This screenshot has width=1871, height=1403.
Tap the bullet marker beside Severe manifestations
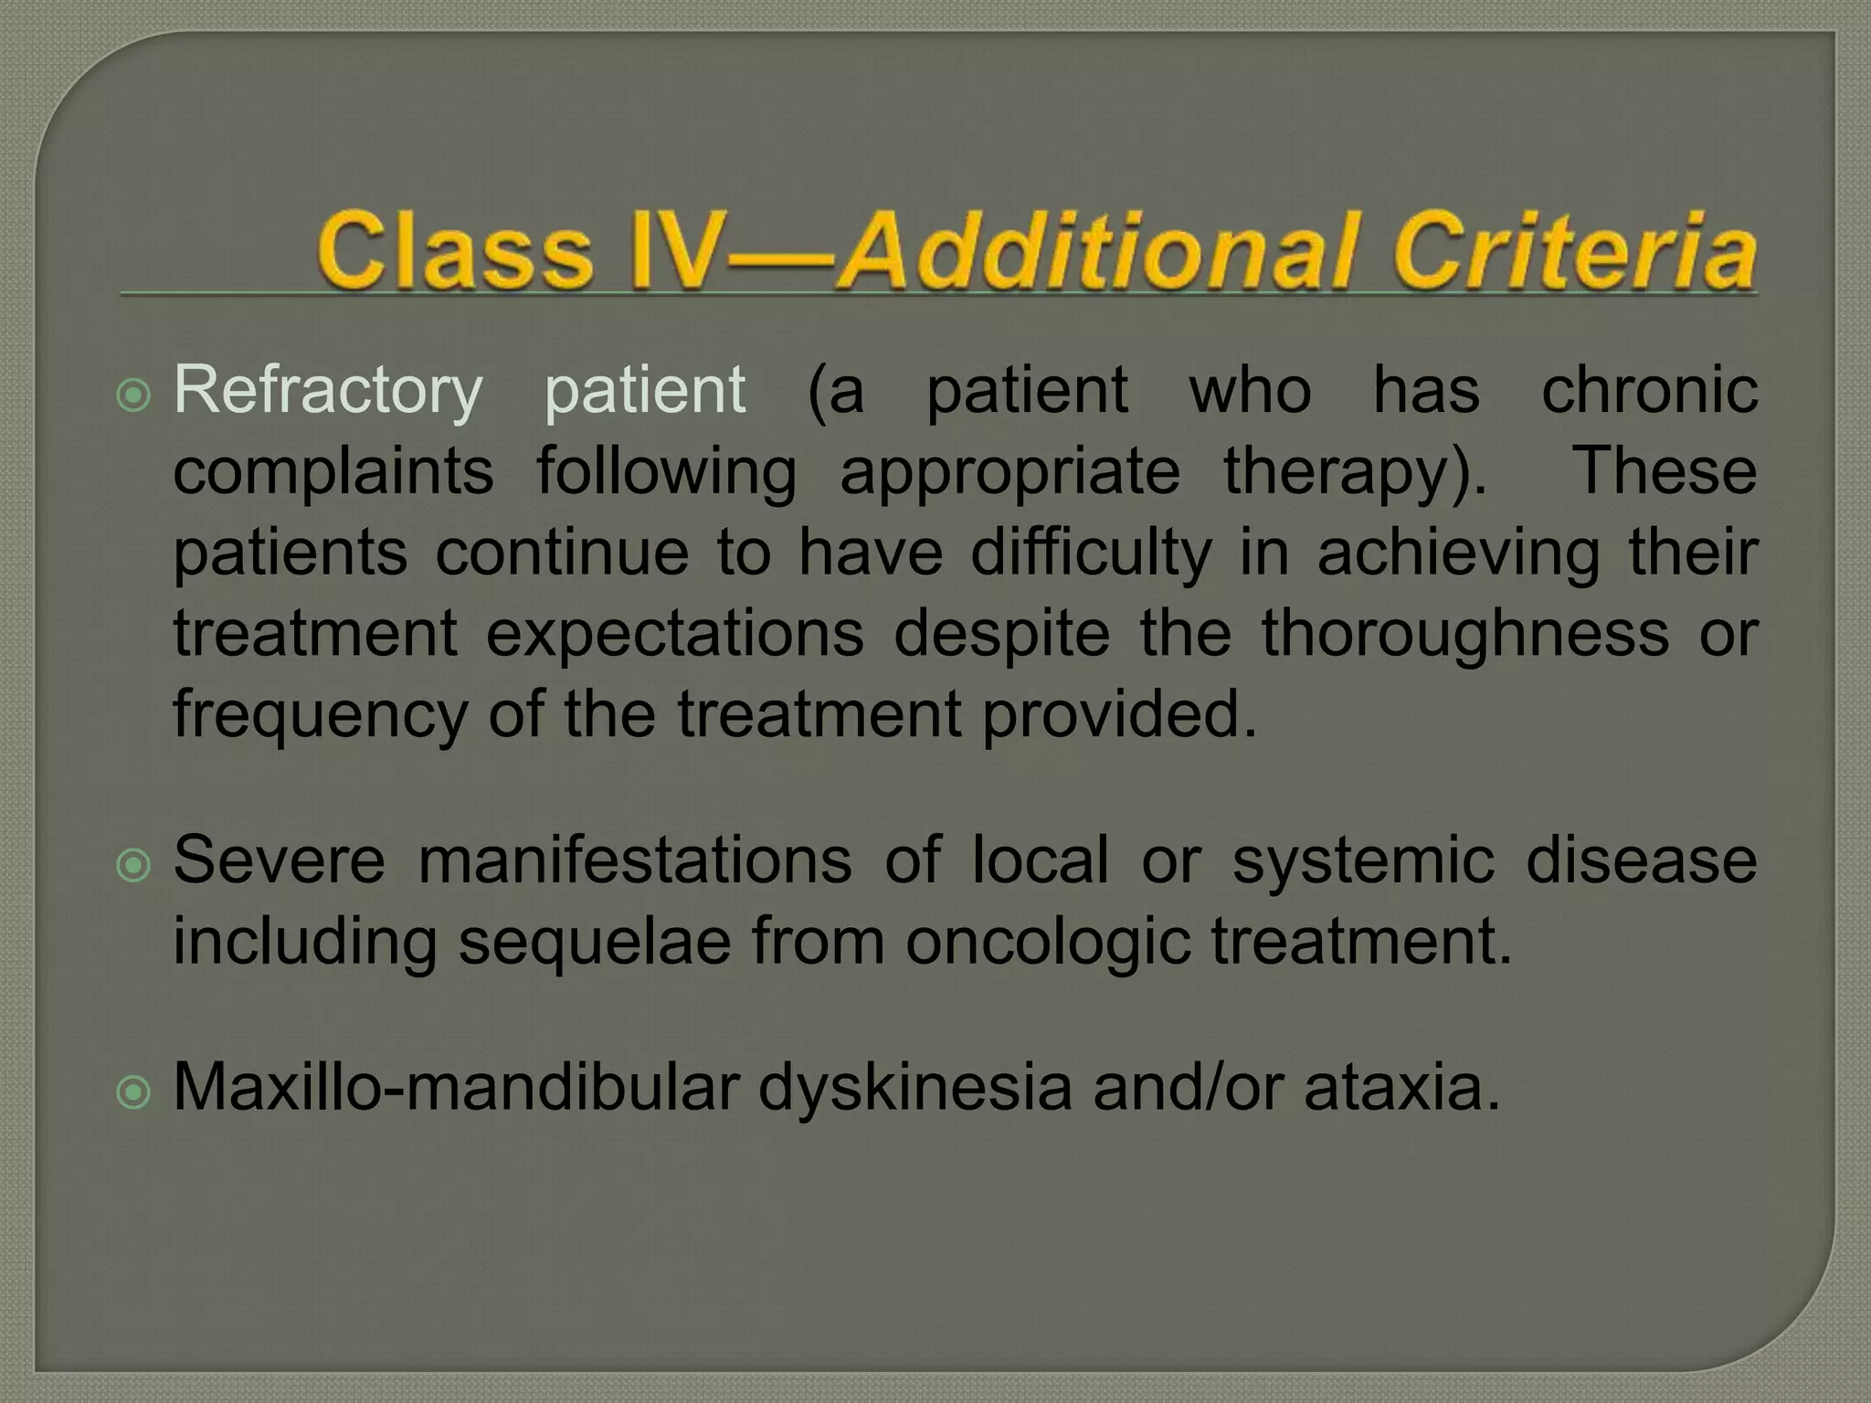point(134,864)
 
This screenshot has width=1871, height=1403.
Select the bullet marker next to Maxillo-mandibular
point(134,1092)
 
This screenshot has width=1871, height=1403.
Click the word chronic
point(1649,390)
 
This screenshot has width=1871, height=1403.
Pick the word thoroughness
point(1465,633)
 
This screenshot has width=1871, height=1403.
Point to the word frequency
point(320,715)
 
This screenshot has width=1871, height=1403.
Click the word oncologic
point(1048,941)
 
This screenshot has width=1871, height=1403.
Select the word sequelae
point(594,943)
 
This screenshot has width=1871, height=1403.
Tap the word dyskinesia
point(914,1088)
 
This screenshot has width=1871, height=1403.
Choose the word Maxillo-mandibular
point(455,1088)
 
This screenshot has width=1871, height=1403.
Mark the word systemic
point(1364,860)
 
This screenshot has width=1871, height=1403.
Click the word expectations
point(674,635)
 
